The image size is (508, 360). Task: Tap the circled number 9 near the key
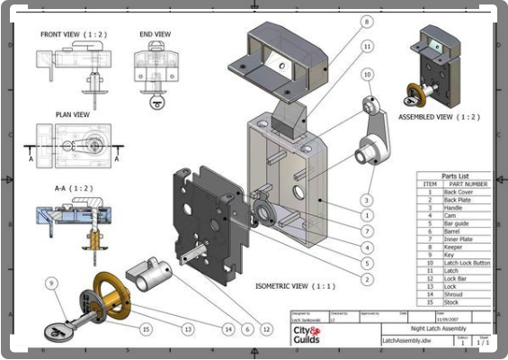50,283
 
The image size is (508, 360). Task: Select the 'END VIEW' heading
155,34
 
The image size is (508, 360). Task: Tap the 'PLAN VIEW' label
68,114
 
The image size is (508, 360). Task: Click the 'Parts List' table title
455,175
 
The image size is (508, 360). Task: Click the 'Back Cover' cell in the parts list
458,192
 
